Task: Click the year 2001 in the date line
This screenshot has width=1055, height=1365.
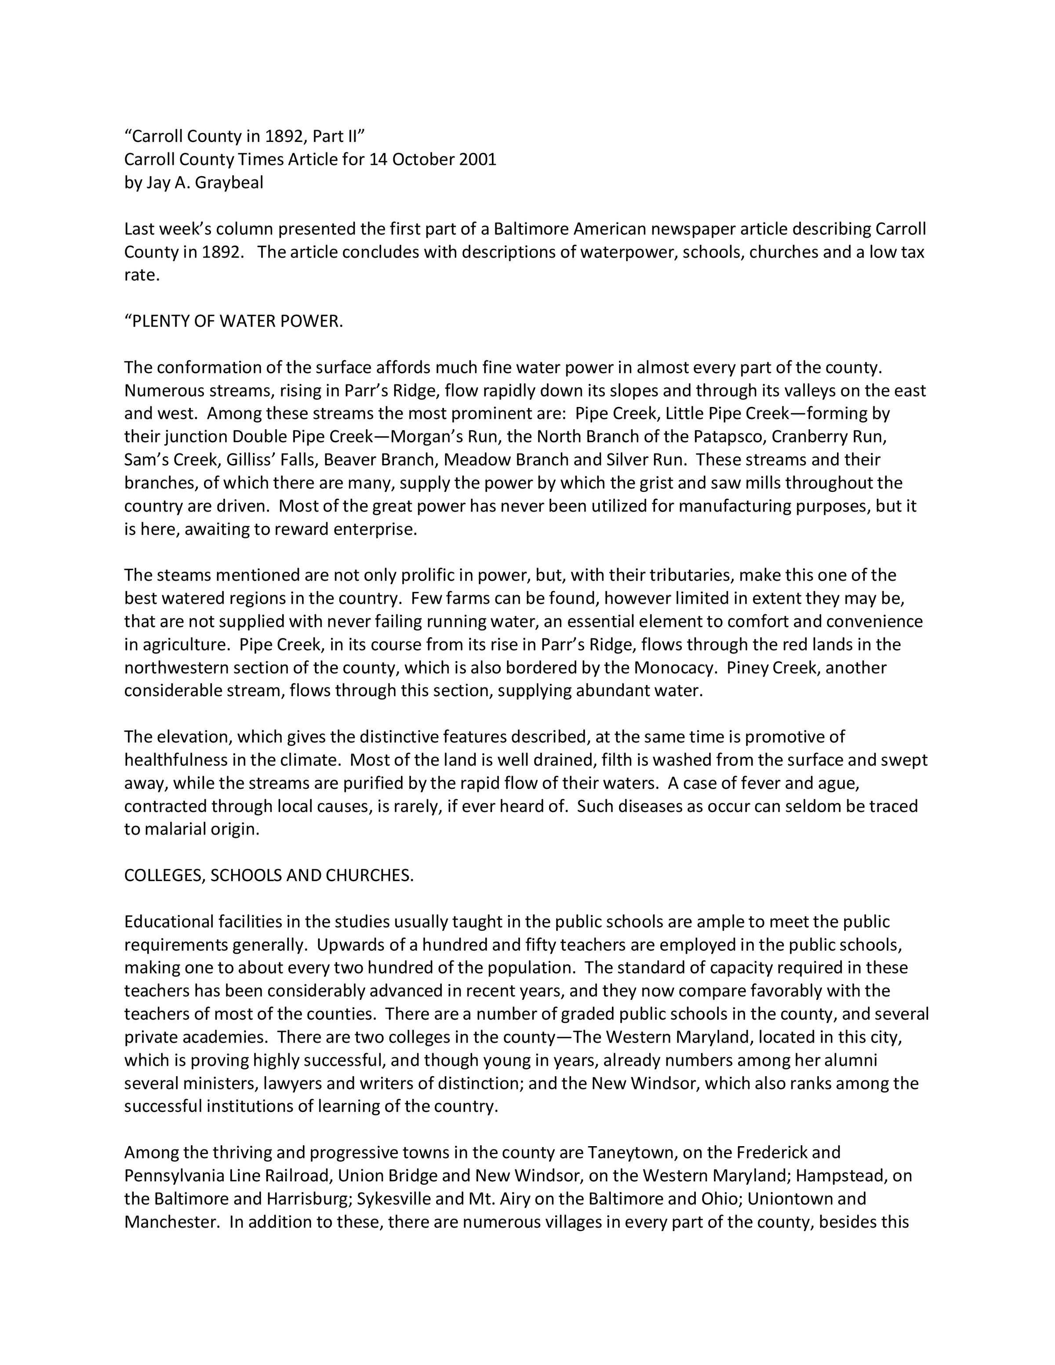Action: coord(477,160)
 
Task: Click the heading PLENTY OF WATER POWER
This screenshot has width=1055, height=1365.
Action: coord(234,321)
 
